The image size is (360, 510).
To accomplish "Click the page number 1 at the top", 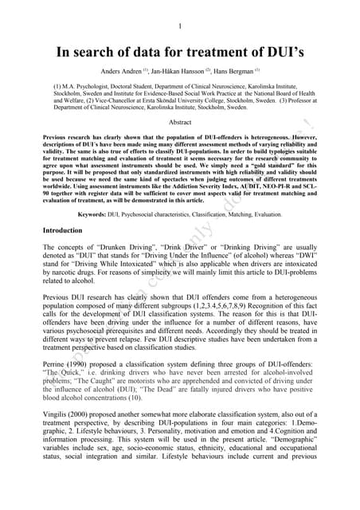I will [x=180, y=24].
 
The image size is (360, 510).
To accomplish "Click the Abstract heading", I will [x=181, y=122].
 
